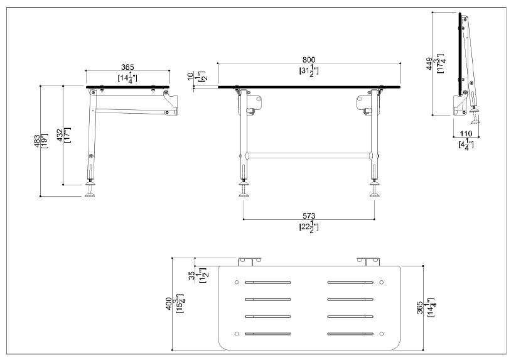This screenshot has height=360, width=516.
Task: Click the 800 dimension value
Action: (308, 59)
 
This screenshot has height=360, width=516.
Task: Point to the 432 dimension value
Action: (60, 134)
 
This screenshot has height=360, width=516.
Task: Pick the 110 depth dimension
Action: (465, 134)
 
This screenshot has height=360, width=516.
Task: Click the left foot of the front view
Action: (243, 193)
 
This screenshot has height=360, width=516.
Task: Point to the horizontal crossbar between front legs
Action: (309, 154)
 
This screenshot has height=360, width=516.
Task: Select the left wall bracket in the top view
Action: (249, 261)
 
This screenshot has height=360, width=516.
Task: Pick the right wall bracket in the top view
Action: (370, 261)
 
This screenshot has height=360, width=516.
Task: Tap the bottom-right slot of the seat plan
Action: (352, 333)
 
